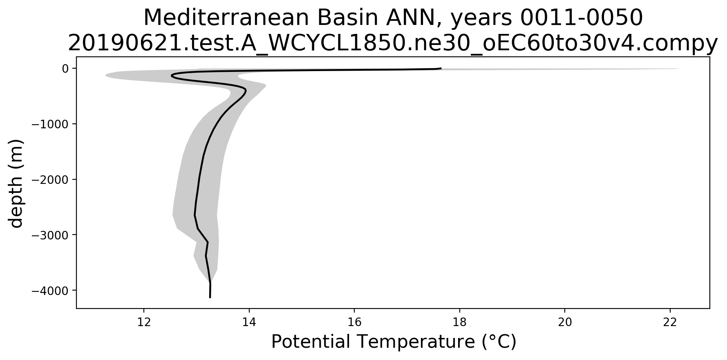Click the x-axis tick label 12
[144, 322]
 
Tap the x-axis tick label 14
[249, 322]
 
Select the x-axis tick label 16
[354, 322]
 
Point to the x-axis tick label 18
[460, 322]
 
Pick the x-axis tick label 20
[565, 322]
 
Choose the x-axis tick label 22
[670, 322]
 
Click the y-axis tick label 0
[65, 69]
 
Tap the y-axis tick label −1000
[50, 124]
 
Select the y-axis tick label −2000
[50, 179]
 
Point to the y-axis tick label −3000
[50, 235]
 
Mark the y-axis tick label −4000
[50, 291]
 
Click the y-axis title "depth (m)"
[17, 183]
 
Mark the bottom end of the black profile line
[210, 297]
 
